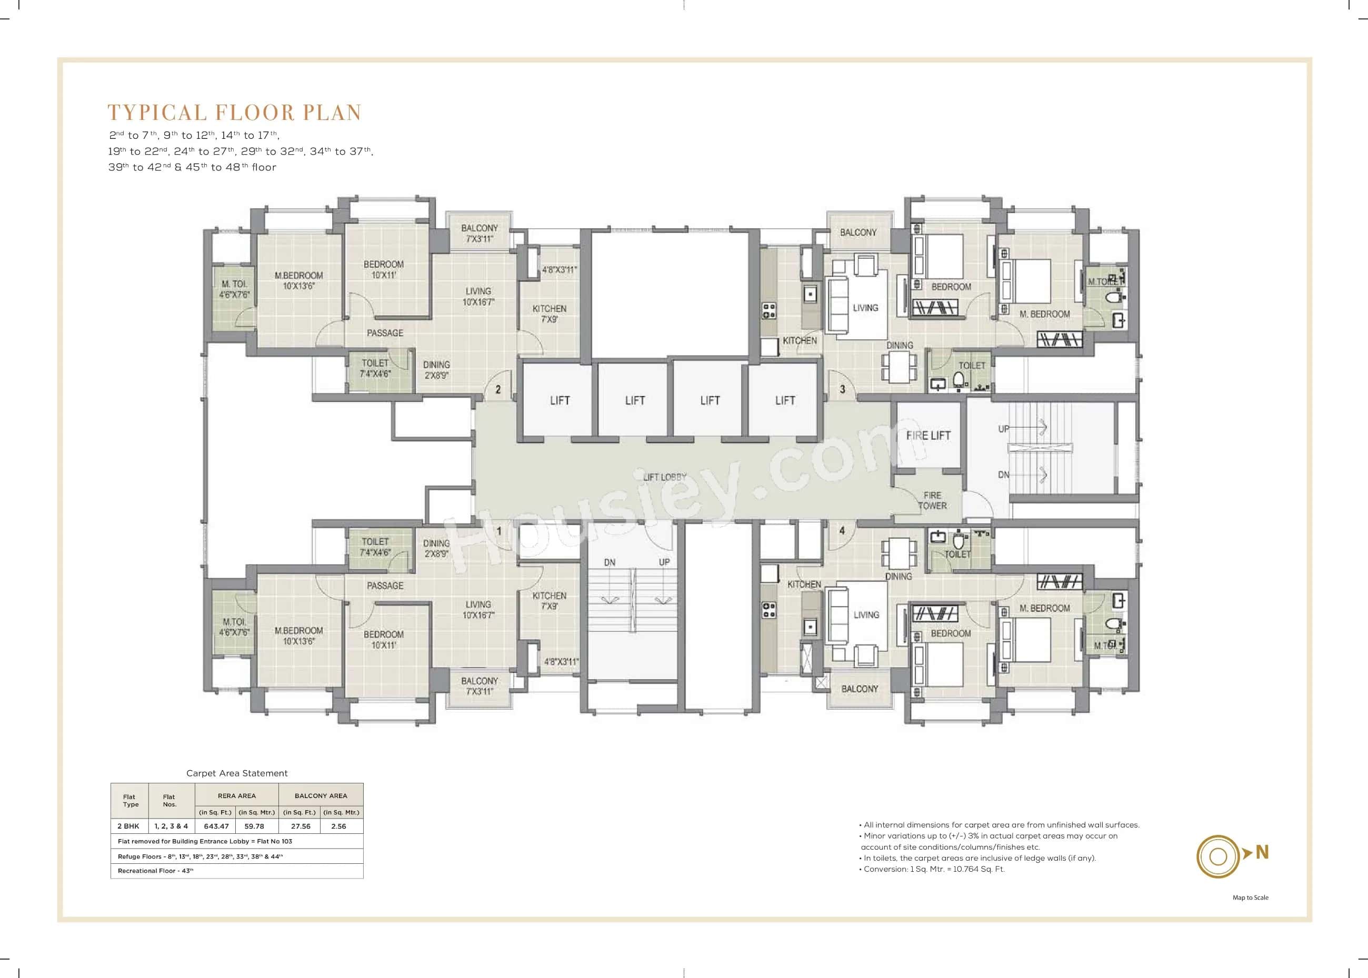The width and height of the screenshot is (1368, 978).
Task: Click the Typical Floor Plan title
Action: click(x=234, y=113)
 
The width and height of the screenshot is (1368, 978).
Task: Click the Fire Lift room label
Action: click(x=928, y=436)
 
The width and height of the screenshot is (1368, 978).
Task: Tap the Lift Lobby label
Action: click(x=664, y=477)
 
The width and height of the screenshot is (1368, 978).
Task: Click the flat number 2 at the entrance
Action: click(x=497, y=390)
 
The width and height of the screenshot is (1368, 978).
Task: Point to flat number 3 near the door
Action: click(x=842, y=390)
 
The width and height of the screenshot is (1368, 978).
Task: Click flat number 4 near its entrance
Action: click(x=842, y=530)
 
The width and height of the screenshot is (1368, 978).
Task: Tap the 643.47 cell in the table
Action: click(x=216, y=826)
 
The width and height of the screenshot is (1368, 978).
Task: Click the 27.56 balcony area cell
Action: click(x=301, y=826)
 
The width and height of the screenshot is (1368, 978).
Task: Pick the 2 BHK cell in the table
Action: click(x=128, y=826)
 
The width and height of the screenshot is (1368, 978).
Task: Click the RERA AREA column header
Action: click(x=237, y=795)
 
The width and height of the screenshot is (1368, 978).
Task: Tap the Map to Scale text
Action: click(x=1250, y=898)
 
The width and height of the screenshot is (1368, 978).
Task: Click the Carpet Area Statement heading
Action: click(x=237, y=773)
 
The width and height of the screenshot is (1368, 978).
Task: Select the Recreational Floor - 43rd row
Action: click(x=155, y=871)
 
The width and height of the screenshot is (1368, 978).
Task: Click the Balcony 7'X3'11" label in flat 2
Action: click(x=480, y=234)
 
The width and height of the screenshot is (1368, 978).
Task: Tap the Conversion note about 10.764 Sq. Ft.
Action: click(x=934, y=869)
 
